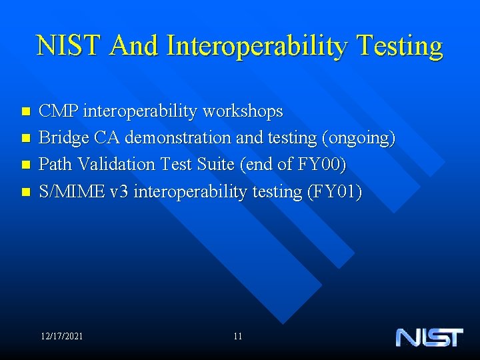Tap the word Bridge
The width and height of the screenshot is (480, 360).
point(64,138)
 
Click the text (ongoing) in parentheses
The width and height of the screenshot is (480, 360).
point(359,138)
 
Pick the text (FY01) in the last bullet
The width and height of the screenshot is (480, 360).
point(334,191)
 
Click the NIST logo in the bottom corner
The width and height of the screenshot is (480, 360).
point(429,337)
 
